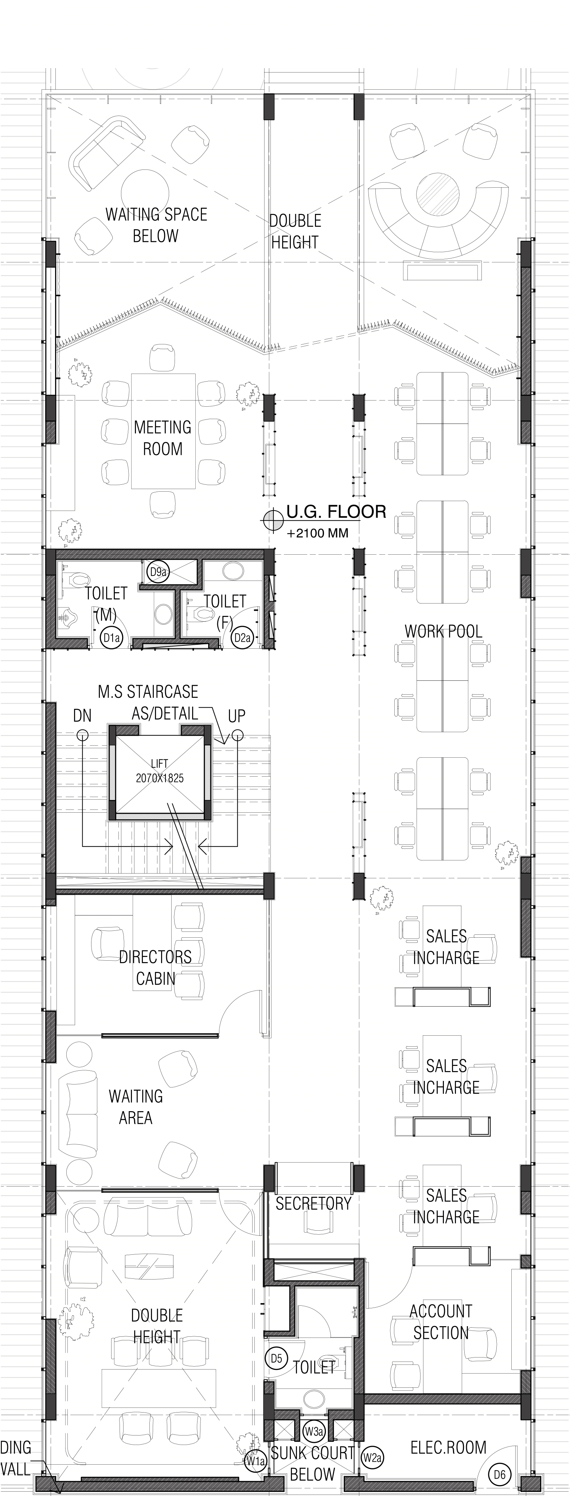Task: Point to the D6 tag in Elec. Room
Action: [499, 1474]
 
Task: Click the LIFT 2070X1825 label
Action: [159, 771]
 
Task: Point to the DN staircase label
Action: [82, 715]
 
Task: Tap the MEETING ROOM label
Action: [163, 438]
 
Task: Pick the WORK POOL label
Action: [443, 631]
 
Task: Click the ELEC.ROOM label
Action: [449, 1448]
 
